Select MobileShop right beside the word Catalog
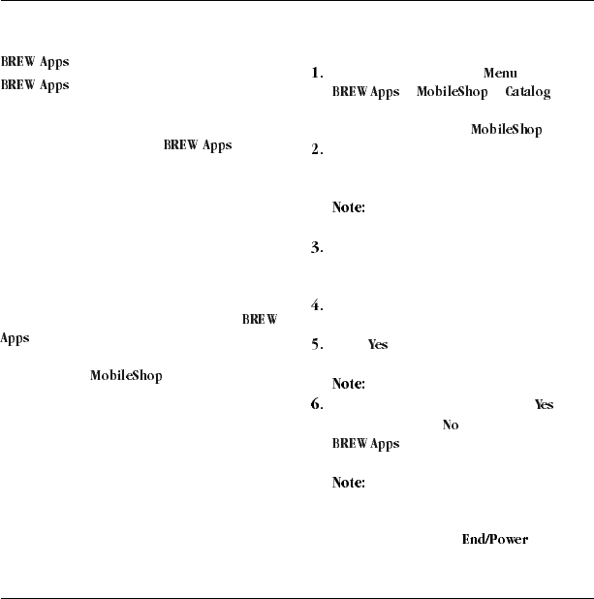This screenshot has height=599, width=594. [452, 92]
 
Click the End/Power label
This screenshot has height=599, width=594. [494, 539]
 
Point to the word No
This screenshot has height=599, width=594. [450, 425]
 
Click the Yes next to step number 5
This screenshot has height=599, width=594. [378, 345]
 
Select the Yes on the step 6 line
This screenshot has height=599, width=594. [544, 405]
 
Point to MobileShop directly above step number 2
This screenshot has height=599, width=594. [506, 129]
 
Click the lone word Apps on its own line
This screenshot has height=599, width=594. [14, 340]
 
